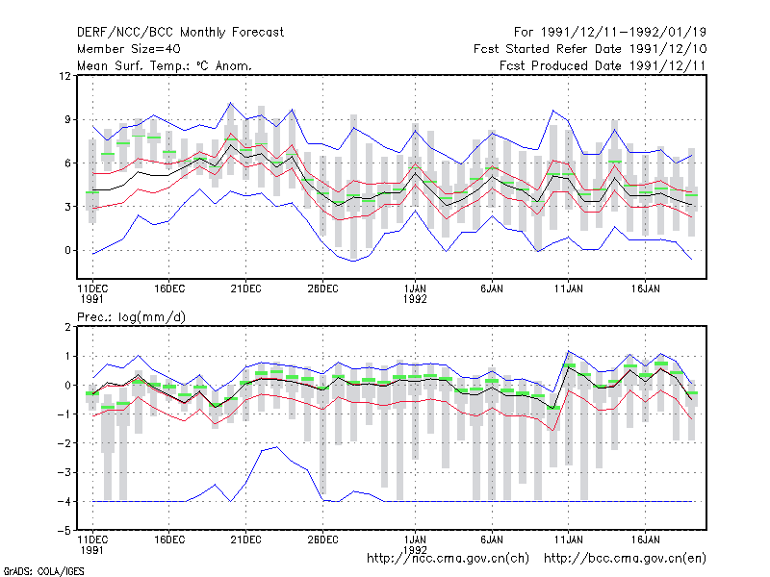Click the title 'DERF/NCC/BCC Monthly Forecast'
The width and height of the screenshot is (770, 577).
pos(180,33)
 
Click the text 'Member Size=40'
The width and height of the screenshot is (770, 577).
pos(129,49)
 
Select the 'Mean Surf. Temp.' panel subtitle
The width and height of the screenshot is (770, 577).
pos(164,65)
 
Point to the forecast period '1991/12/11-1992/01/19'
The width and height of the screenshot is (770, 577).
pos(624,33)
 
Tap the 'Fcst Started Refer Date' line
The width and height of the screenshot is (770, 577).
pos(590,49)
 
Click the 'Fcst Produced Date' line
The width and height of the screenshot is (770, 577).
pos(603,65)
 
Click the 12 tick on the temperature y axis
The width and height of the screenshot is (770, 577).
pos(64,76)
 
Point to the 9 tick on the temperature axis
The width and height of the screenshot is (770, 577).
pos(67,119)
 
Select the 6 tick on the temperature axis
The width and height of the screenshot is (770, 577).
pos(67,163)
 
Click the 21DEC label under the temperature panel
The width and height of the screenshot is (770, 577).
pos(246,288)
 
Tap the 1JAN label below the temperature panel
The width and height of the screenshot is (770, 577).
pos(415,288)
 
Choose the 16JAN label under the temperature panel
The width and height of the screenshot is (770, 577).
pos(645,288)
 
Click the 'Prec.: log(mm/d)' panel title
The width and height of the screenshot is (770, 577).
pos(131,317)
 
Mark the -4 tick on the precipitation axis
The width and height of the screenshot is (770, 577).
pos(64,501)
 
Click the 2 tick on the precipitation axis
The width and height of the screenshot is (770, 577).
pos(67,327)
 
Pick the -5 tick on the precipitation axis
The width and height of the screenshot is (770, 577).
pos(64,531)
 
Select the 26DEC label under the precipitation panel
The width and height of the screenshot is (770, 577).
pos(322,539)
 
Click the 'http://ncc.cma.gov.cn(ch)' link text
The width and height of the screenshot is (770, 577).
pos(448,559)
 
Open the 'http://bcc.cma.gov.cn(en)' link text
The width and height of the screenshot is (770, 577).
pos(625,559)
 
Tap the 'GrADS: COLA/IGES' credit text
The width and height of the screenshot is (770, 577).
pos(43,571)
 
